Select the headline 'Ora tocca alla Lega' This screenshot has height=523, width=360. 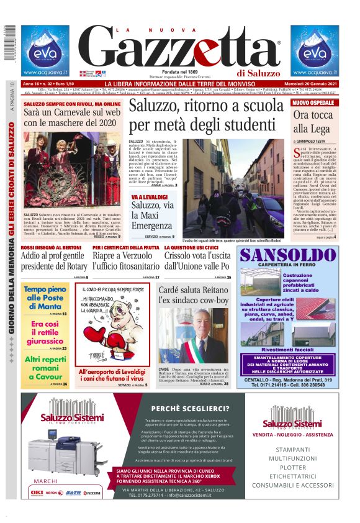pos(310,122)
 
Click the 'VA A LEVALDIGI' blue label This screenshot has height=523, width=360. pos(149,197)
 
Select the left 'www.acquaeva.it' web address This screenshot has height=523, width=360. pos(45,70)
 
